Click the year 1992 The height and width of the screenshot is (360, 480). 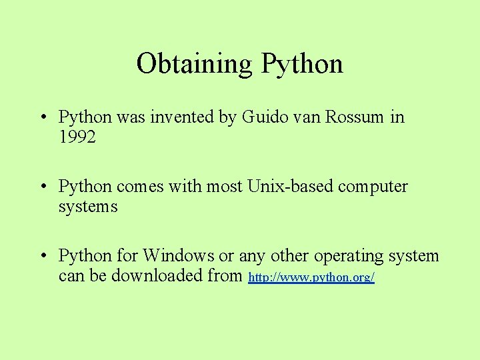(77, 137)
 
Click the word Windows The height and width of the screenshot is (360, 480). (178, 256)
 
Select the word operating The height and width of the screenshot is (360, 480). (349, 256)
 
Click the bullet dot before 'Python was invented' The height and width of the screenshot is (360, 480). (42, 118)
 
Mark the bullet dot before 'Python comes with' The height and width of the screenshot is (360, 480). (42, 187)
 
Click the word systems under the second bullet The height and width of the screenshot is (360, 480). (88, 207)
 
